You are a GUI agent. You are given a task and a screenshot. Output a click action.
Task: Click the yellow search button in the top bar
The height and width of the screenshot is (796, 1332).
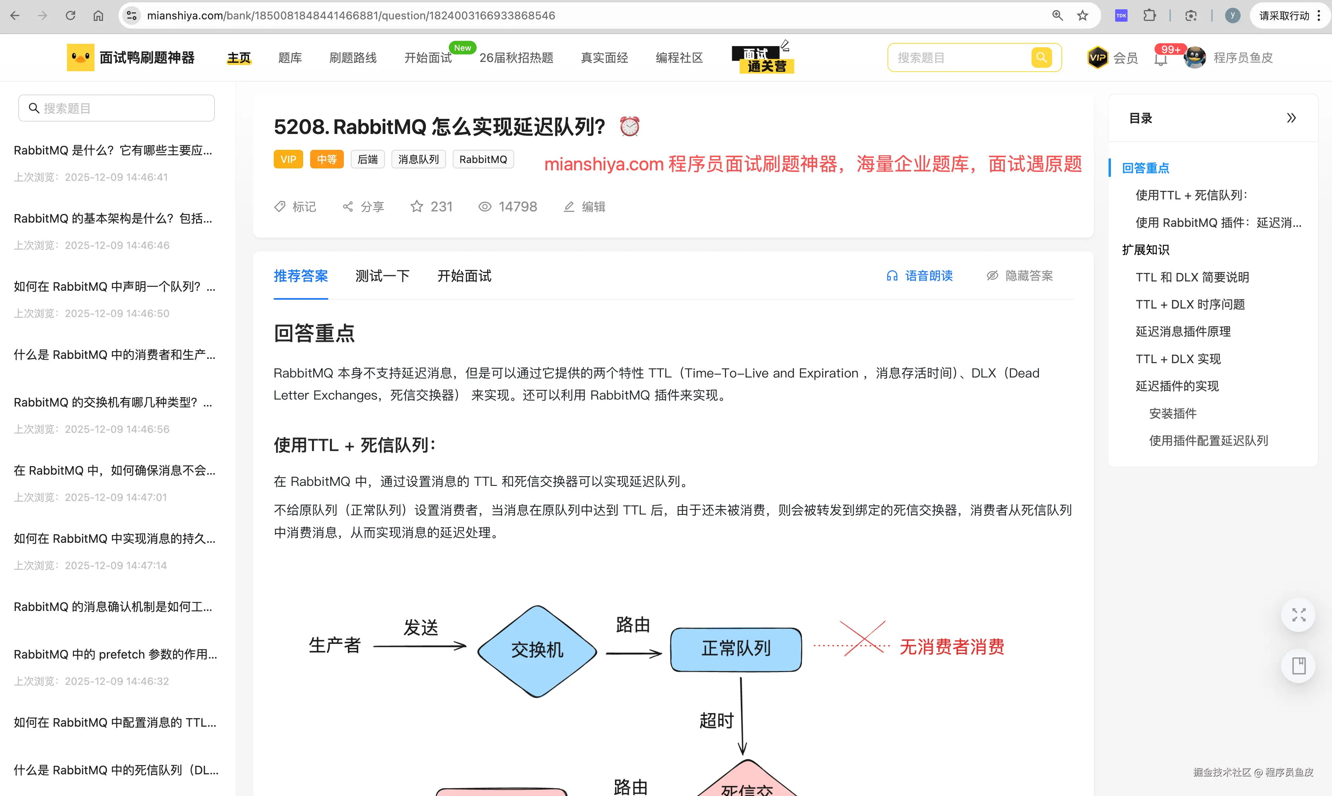coord(1041,57)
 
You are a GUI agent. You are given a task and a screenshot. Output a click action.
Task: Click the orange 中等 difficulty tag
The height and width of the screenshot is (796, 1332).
coord(327,159)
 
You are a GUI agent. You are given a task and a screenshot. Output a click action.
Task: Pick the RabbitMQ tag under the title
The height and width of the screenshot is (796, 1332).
coord(483,159)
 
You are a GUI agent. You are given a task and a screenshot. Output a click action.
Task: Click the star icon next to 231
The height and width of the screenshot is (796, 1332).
coord(417,206)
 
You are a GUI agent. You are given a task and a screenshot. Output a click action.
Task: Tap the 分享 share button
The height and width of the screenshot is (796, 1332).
coord(364,206)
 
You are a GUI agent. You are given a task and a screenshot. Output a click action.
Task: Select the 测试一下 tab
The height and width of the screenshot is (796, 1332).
coord(383,276)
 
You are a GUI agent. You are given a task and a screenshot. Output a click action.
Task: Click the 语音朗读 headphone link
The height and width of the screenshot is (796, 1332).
coord(920,276)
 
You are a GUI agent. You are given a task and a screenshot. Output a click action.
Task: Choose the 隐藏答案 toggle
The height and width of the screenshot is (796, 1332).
coord(1020,276)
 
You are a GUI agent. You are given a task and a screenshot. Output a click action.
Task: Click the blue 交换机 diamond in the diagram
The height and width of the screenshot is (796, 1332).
coord(537,651)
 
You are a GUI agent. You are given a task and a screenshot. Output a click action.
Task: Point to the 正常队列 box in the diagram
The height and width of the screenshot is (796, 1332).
coord(736,649)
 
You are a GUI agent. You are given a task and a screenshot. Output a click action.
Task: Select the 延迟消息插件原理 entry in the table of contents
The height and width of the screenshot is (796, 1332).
coord(1183,331)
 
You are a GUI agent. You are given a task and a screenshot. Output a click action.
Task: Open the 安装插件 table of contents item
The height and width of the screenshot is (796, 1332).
coord(1173,413)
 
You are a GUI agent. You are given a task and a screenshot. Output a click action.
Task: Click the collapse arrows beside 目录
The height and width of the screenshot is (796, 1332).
coord(1291,118)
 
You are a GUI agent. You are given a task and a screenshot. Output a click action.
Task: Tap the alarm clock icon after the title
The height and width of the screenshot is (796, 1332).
coord(629,127)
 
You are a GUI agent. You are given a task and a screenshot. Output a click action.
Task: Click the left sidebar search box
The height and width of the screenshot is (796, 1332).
coord(117,108)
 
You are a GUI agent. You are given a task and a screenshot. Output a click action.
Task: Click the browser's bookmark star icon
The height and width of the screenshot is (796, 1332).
coord(1083,15)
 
